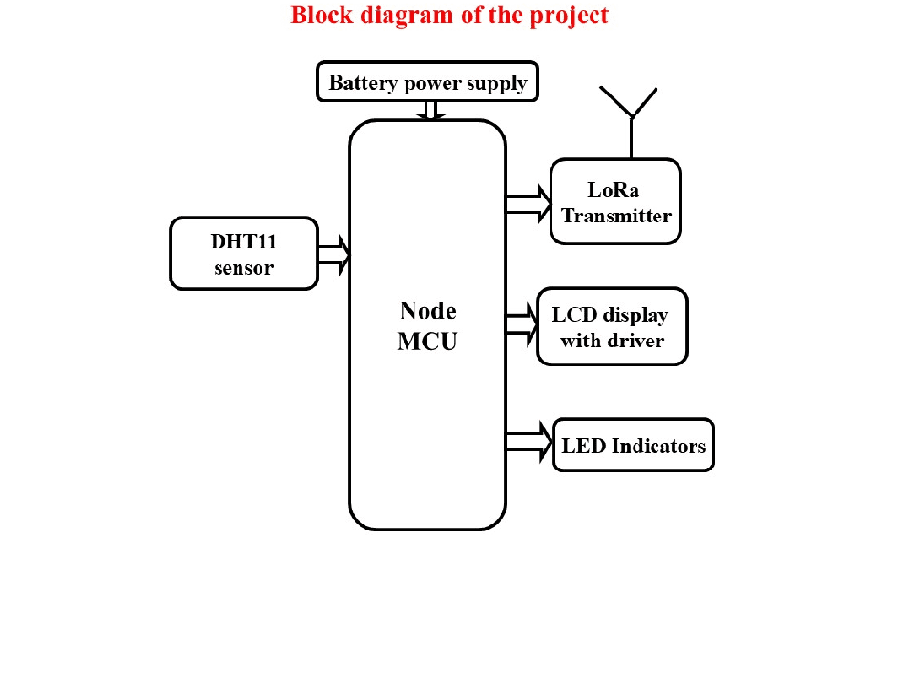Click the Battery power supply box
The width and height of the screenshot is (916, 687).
[x=427, y=82]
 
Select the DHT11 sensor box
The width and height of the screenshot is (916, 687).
[x=243, y=253]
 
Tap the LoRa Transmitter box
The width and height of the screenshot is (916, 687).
[x=615, y=202]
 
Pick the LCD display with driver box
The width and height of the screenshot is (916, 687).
[x=612, y=326]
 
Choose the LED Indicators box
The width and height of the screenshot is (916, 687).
[x=634, y=445]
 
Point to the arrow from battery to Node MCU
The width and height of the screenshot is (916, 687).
[x=430, y=111]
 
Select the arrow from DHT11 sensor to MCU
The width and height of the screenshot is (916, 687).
[x=334, y=254]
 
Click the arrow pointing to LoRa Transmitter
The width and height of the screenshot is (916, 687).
[x=529, y=203]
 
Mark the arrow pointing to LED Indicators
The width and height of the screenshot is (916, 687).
[x=530, y=442]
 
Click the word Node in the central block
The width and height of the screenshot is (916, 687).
[x=427, y=310]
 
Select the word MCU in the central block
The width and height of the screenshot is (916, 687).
[x=427, y=342]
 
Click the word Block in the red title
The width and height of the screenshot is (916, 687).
[x=321, y=15]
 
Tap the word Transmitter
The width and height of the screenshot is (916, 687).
[x=616, y=216]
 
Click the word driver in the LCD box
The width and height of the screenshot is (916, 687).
[x=635, y=341]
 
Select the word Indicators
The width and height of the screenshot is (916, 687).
[x=658, y=446]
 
